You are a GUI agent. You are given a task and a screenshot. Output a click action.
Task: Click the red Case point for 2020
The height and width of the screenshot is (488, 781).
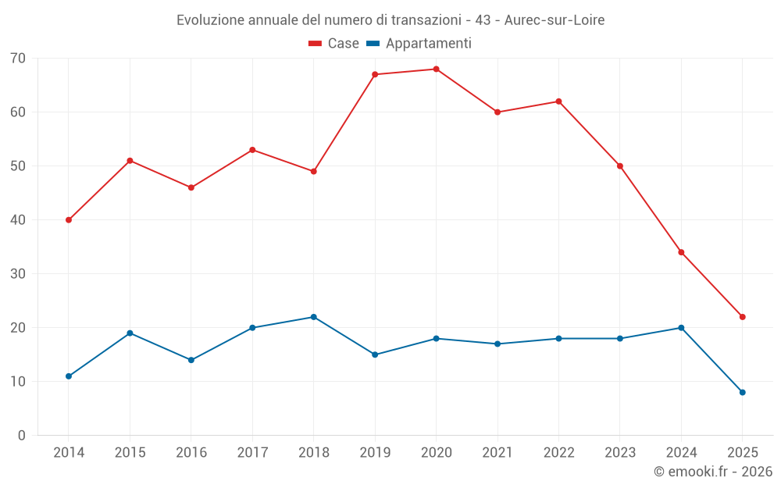(436, 69)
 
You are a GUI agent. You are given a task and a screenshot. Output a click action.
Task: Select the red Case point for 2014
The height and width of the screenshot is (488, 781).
(69, 220)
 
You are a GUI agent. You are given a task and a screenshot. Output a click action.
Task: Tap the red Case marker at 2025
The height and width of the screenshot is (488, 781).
(742, 317)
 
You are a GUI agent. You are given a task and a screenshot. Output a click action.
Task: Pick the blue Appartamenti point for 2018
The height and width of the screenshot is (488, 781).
(313, 317)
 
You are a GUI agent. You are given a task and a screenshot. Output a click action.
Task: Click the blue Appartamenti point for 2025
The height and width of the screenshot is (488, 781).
(742, 393)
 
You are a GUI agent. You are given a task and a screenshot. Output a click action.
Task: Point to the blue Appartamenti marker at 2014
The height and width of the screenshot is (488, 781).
(69, 376)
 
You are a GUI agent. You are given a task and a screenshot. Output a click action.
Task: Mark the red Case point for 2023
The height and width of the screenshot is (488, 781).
(619, 166)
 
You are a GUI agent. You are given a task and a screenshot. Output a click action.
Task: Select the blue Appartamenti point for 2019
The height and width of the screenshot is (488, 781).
(375, 354)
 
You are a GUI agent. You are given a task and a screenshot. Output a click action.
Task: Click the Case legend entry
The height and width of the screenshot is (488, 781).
(334, 44)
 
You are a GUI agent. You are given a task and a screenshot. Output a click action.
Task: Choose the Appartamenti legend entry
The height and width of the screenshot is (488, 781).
(419, 44)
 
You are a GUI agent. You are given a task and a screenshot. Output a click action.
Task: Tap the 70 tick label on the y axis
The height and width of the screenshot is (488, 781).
(18, 59)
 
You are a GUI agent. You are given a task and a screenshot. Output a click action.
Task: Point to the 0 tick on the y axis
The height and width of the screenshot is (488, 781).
(22, 436)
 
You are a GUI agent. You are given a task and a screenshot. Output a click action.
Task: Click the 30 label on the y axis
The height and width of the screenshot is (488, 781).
(18, 274)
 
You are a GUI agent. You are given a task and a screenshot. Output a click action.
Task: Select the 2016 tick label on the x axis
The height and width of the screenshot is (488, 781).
(191, 453)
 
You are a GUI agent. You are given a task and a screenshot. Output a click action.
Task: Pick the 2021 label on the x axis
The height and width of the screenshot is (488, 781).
(497, 453)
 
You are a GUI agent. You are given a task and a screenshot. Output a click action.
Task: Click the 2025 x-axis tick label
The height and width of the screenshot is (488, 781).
(742, 453)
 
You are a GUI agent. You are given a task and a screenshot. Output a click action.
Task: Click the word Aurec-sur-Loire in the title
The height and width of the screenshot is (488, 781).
(555, 20)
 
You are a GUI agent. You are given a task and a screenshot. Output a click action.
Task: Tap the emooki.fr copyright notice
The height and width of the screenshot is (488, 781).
(712, 472)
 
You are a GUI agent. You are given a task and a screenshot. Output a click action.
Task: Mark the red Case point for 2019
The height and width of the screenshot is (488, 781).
(375, 75)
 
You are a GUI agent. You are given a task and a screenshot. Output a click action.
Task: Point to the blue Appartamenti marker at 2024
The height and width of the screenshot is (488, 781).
(681, 328)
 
